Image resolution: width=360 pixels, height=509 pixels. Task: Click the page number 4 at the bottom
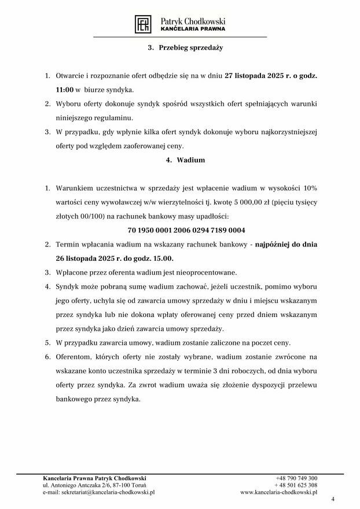pos(333,499)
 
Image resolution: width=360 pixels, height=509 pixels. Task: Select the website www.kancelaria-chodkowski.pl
pos(279,492)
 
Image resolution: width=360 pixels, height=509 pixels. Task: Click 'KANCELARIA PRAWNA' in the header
pos(193,28)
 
